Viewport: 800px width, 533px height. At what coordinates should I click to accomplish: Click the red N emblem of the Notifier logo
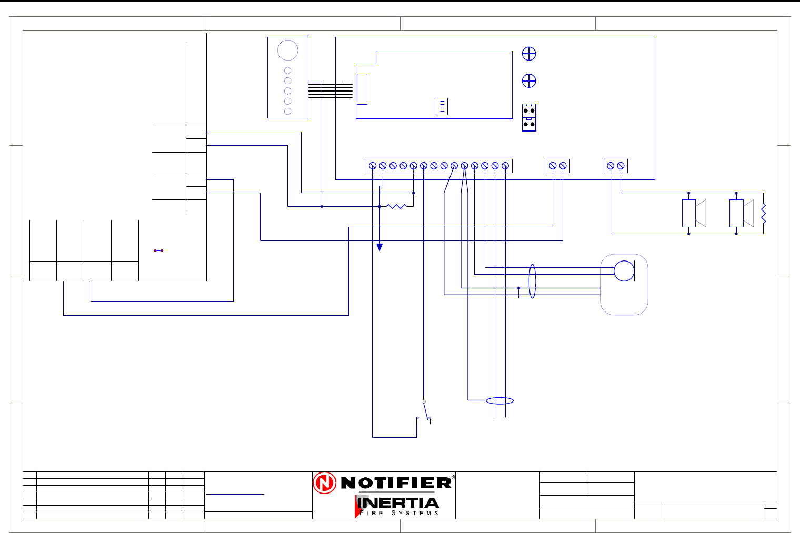pos(325,483)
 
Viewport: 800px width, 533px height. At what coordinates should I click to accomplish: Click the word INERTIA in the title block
pos(397,503)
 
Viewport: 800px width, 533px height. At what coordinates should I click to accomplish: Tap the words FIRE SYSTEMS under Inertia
pos(398,513)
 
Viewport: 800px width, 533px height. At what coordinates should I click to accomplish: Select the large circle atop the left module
pos(287,51)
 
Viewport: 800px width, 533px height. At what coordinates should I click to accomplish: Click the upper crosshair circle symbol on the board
pos(529,54)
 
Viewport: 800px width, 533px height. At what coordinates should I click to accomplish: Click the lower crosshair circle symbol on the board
pos(529,81)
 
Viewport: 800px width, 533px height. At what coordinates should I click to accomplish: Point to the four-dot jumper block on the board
pos(529,118)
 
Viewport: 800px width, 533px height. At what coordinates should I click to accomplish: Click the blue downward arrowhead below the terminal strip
pos(379,247)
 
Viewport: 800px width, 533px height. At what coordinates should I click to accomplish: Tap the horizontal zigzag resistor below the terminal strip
pos(397,206)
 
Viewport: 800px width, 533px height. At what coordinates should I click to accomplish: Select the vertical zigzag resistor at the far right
pos(763,213)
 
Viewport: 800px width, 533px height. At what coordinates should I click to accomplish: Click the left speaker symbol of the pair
pos(694,213)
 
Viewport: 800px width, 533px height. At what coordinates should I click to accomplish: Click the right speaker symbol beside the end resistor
pos(741,213)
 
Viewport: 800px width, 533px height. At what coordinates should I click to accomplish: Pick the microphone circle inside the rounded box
pos(624,271)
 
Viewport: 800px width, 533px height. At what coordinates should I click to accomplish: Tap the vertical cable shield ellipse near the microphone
pos(532,281)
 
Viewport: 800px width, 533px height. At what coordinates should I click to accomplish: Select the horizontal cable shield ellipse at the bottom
pos(499,401)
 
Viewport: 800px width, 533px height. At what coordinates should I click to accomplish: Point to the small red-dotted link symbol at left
pos(158,250)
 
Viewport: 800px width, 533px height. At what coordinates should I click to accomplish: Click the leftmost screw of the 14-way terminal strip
pos(373,166)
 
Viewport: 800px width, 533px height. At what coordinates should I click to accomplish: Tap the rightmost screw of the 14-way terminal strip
pos(505,166)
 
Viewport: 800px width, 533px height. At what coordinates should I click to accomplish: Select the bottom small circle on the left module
pos(287,111)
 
